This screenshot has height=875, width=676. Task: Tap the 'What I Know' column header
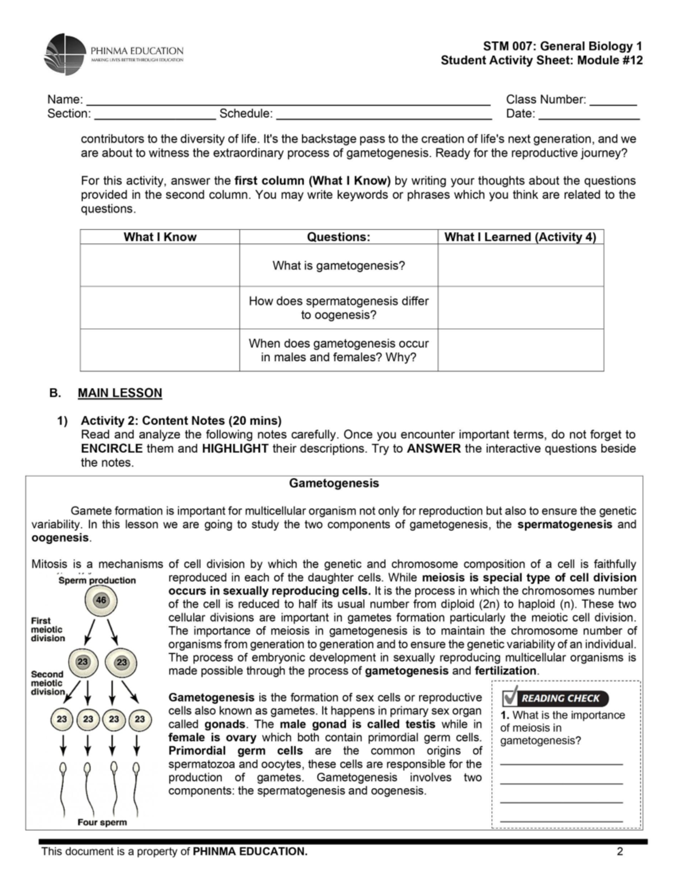pyautogui.click(x=160, y=237)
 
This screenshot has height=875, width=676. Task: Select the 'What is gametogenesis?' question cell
pyautogui.click(x=339, y=265)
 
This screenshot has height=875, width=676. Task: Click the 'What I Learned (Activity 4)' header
pyautogui.click(x=520, y=237)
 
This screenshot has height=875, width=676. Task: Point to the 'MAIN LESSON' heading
pyautogui.click(x=120, y=393)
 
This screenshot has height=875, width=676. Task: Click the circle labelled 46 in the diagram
pyautogui.click(x=101, y=601)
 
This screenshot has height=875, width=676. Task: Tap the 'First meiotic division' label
pyautogui.click(x=48, y=629)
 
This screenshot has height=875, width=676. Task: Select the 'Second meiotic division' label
pyautogui.click(x=48, y=683)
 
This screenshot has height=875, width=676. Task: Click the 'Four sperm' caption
pyautogui.click(x=102, y=823)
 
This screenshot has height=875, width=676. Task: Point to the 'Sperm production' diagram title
pyautogui.click(x=97, y=580)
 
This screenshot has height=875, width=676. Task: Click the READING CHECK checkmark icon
pyautogui.click(x=510, y=697)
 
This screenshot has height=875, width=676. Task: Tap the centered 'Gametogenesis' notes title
pyautogui.click(x=334, y=483)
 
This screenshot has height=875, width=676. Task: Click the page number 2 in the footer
pyautogui.click(x=620, y=851)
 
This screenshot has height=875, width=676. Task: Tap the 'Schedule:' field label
pyautogui.click(x=246, y=114)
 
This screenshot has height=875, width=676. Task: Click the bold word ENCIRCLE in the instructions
pyautogui.click(x=112, y=449)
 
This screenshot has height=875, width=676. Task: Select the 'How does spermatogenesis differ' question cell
pyautogui.click(x=339, y=308)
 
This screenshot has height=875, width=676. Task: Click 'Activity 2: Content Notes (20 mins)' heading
pyautogui.click(x=181, y=421)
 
